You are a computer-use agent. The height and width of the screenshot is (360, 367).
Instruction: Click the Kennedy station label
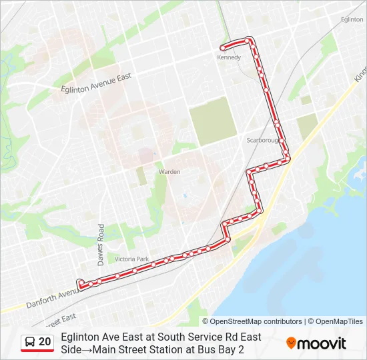(228, 57)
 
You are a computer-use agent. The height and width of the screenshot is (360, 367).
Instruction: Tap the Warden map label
(169, 172)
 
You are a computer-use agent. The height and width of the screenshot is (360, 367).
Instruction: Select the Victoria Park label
(131, 259)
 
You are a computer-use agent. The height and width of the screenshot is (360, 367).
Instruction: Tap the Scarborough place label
(261, 141)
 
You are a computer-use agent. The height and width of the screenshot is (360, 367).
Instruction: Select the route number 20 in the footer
(45, 342)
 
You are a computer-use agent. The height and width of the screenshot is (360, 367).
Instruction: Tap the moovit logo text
(322, 343)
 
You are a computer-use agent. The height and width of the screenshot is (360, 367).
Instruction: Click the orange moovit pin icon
(291, 343)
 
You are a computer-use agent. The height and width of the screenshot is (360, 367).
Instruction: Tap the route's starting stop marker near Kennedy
(222, 48)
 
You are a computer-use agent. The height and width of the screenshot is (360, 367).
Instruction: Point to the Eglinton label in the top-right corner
(352, 20)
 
